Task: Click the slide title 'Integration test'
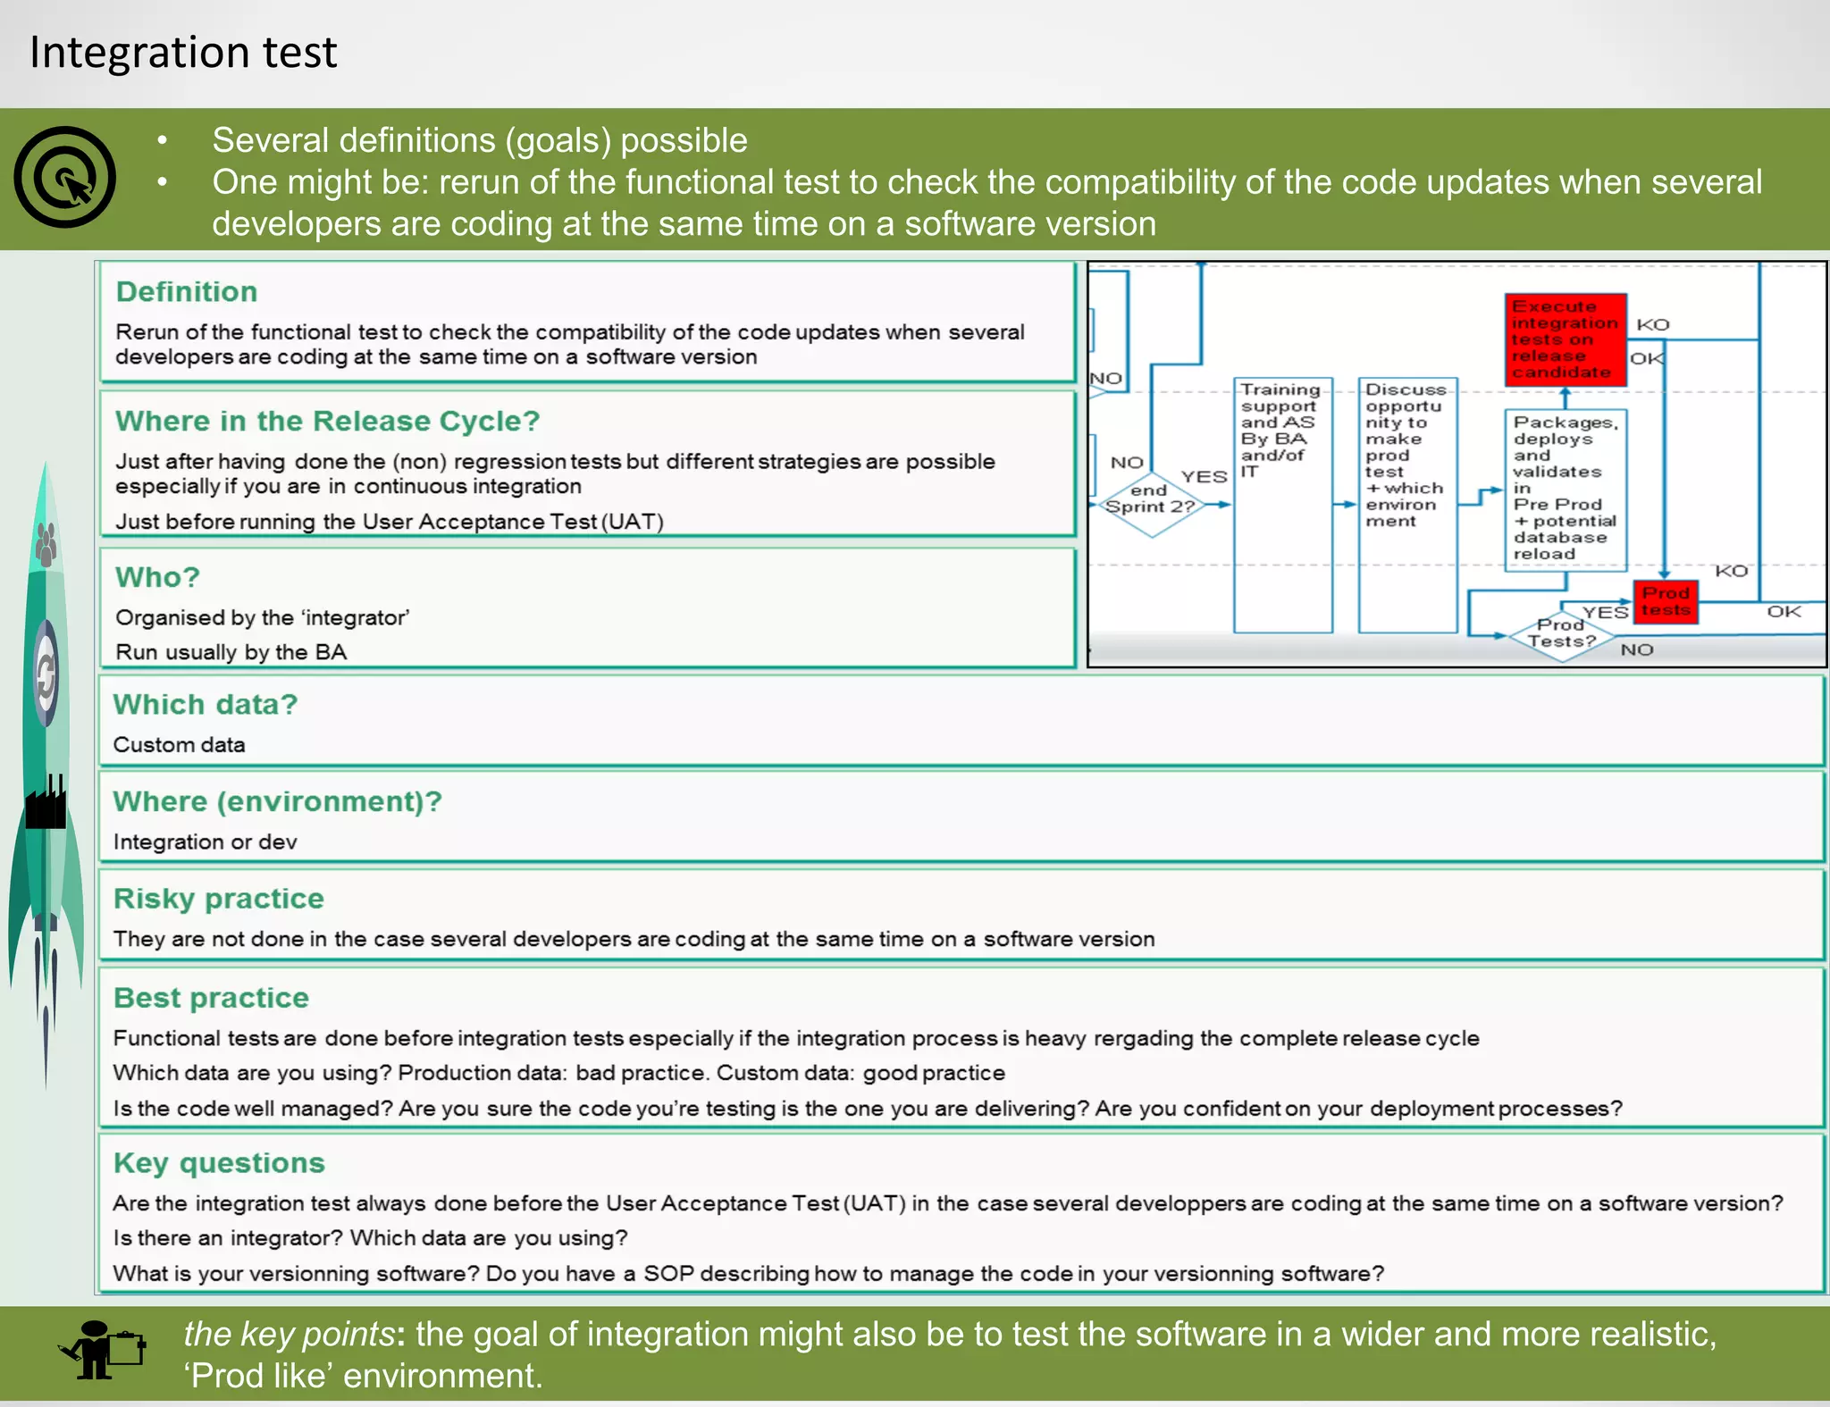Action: pyautogui.click(x=183, y=52)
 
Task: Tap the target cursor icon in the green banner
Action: pyautogui.click(x=64, y=177)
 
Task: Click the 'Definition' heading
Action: pyautogui.click(x=186, y=291)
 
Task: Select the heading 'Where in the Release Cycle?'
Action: pyautogui.click(x=327, y=421)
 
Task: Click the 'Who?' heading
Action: pyautogui.click(x=157, y=577)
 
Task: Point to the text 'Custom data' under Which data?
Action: pyautogui.click(x=179, y=744)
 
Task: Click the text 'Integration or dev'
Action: pyautogui.click(x=205, y=842)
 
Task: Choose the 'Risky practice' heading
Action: pyautogui.click(x=218, y=898)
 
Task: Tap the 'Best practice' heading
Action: pyautogui.click(x=211, y=997)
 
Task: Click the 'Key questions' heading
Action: pyautogui.click(x=219, y=1162)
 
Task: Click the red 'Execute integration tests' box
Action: pyautogui.click(x=1565, y=339)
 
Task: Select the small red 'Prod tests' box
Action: pyautogui.click(x=1666, y=602)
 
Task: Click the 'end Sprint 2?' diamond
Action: pyautogui.click(x=1151, y=505)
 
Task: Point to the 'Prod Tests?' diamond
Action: pyautogui.click(x=1561, y=635)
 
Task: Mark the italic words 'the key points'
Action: pyautogui.click(x=289, y=1334)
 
